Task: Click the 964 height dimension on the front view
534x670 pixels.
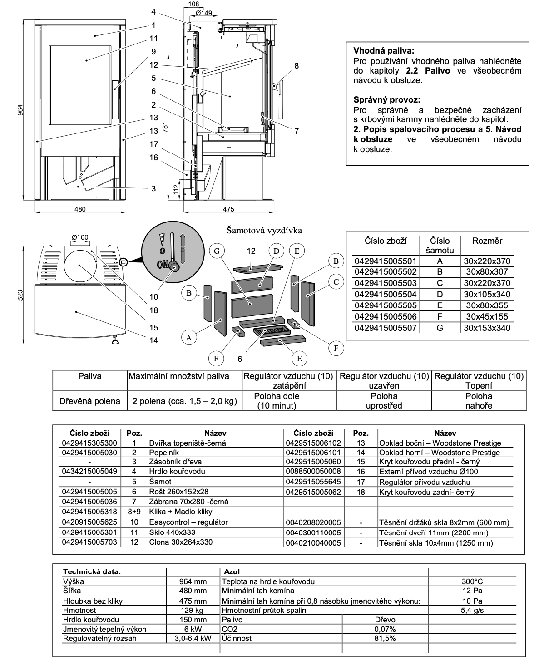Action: (20, 110)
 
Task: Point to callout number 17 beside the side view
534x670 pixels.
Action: (153, 145)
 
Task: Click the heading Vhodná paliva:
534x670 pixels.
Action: (384, 51)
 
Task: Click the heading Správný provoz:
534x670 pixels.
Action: (386, 99)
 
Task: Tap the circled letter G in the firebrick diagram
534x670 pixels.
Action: (217, 251)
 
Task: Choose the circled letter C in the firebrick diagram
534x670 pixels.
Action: (336, 282)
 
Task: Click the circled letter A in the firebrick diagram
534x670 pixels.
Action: (189, 337)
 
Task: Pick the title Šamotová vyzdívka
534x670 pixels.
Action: (264, 231)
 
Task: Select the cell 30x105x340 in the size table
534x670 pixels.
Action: (487, 294)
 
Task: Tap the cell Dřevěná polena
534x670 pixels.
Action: (90, 401)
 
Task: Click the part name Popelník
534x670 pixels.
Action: (164, 453)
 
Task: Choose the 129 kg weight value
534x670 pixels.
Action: (193, 611)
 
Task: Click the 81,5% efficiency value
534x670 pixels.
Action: (385, 638)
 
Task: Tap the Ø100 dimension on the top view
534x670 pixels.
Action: (80, 237)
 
